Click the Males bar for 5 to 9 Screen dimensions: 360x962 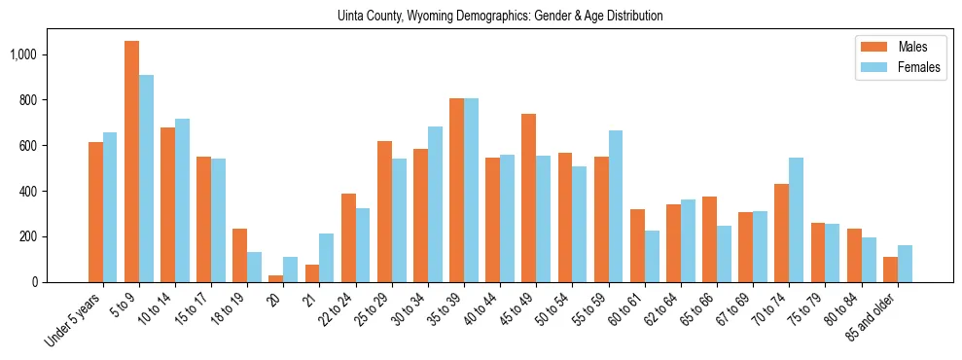click(x=131, y=162)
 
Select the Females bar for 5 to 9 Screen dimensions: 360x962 click(x=146, y=178)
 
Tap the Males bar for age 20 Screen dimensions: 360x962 click(x=276, y=278)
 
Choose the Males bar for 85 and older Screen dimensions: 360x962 click(x=890, y=270)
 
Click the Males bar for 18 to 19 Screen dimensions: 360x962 click(x=239, y=255)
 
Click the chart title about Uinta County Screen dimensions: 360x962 click(x=500, y=16)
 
